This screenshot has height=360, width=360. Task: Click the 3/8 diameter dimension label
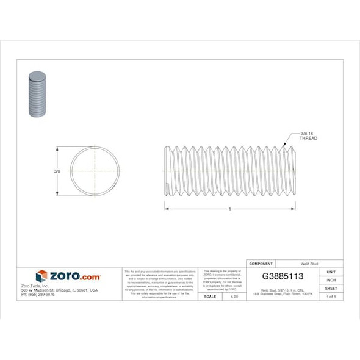[x=56, y=171]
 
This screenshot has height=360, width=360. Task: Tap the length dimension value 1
[x=229, y=209]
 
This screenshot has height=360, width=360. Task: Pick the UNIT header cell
[x=331, y=272]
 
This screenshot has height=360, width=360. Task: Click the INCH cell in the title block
[x=331, y=280]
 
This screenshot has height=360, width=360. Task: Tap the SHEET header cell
[x=331, y=288]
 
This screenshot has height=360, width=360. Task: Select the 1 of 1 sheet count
[x=331, y=296]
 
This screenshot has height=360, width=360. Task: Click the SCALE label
[x=210, y=296]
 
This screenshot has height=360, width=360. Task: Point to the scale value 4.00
[x=234, y=296]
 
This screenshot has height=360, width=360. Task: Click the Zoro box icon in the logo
[x=41, y=276]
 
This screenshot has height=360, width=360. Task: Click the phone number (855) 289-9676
[x=38, y=294]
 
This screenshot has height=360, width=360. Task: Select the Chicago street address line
[x=59, y=290]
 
